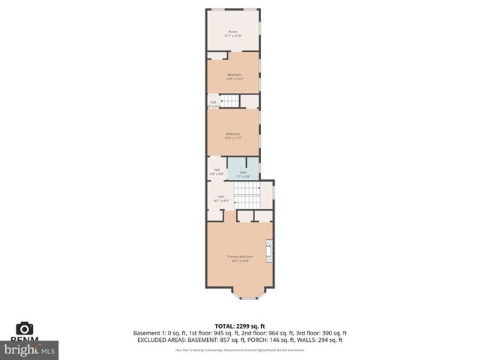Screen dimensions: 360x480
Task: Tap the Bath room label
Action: click(243, 174)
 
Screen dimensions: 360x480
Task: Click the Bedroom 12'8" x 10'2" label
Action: click(234, 76)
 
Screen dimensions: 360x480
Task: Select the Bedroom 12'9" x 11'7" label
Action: click(233, 136)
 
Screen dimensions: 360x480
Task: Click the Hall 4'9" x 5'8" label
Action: click(217, 172)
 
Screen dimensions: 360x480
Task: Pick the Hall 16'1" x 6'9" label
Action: click(221, 199)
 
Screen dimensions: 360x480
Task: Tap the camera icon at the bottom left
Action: click(25, 328)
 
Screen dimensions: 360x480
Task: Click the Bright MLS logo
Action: click(31, 349)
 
